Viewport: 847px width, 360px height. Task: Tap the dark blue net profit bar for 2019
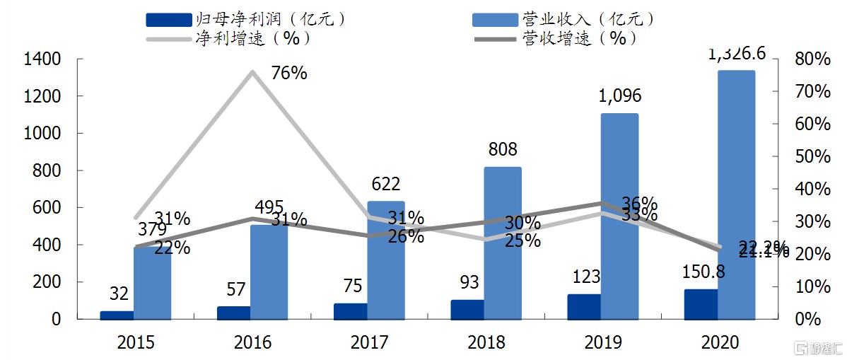584,306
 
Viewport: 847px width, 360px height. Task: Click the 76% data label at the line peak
289,72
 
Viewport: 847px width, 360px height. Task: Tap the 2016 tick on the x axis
252,343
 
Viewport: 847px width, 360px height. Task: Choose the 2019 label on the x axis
603,343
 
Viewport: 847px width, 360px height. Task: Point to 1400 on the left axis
42,59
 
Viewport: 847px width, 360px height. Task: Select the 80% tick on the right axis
812,59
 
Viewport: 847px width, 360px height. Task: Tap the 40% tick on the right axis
812,189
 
